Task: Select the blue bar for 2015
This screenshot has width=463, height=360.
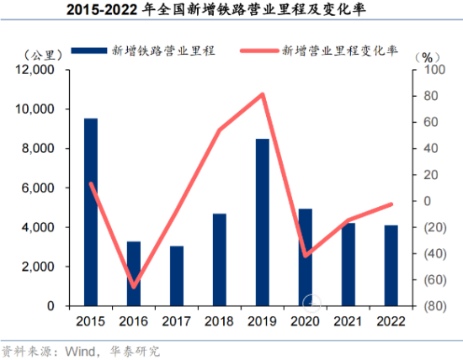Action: point(91,212)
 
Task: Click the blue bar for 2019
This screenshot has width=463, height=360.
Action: point(263,222)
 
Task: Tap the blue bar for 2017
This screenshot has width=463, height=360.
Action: point(177,276)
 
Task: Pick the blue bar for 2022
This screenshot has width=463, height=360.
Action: point(391,266)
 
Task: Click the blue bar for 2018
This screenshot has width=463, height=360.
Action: point(220,260)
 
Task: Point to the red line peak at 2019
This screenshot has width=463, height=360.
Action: point(262,95)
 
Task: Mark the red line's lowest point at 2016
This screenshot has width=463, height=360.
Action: point(134,286)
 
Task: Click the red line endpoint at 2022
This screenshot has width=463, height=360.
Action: point(391,204)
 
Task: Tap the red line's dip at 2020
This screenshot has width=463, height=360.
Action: point(306,256)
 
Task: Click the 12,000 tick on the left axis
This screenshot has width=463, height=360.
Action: point(35,70)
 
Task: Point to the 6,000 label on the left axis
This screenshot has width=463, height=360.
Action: point(38,188)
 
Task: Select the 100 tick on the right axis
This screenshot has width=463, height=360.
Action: point(434,70)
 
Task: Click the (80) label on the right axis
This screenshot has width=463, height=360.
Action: point(435,306)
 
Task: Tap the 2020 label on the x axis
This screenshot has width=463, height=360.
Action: point(305,321)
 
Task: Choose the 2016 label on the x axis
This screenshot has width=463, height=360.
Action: point(134,321)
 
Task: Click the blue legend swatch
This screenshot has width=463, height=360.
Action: point(89,50)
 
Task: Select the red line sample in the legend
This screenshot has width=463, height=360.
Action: point(259,50)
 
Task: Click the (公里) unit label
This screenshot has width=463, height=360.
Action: point(43,56)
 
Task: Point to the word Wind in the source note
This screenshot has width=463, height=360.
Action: point(80,352)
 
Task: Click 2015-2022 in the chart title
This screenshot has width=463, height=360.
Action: point(102,10)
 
